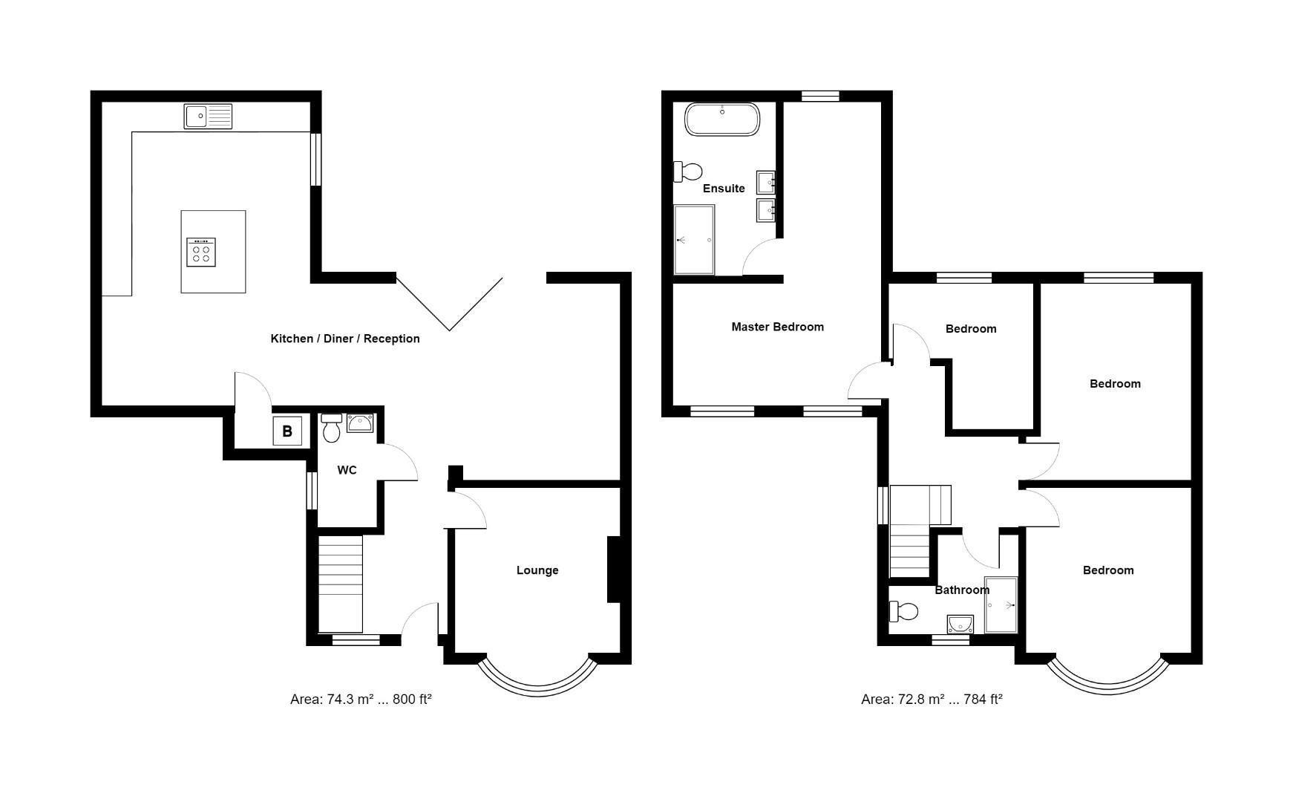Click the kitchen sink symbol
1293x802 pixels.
pos(208,117)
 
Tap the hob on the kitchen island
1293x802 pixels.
pos(201,252)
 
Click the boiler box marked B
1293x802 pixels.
pos(287,431)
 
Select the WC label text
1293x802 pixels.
pos(347,470)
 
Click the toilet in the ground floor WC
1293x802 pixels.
pos(331,428)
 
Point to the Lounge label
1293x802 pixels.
pos(537,570)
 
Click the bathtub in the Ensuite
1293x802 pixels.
pos(721,120)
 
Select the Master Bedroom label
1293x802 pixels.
pos(777,327)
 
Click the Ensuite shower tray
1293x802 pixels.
pos(694,240)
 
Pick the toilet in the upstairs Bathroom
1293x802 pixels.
pos(903,612)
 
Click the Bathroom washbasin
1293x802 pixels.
pos(960,622)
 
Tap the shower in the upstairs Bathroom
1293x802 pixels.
pos(1001,604)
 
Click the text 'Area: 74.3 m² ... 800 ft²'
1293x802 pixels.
pos(361,699)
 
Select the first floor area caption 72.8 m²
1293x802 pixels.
pos(932,699)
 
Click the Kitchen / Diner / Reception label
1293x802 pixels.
pos(345,339)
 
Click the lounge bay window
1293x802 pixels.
pos(537,679)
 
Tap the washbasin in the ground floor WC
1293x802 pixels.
pos(360,423)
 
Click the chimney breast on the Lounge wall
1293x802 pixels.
pos(614,569)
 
